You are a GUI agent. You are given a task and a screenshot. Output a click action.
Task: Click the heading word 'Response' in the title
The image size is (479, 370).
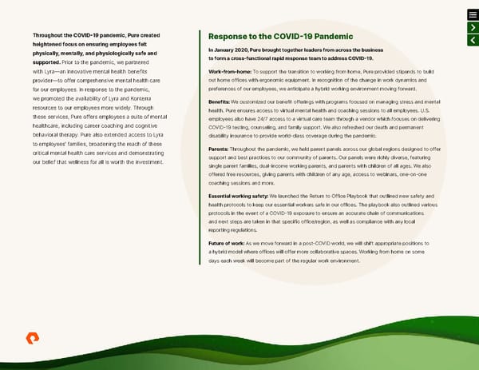[228, 36]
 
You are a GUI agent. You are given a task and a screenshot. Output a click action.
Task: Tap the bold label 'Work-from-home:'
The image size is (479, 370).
[227, 72]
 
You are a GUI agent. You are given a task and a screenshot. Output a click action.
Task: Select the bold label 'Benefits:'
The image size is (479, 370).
[218, 101]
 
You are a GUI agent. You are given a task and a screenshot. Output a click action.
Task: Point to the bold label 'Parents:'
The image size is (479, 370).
[218, 149]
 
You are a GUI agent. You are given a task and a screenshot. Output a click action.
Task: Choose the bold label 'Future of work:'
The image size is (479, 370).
[227, 242]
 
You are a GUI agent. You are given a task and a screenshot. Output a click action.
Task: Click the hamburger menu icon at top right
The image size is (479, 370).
[473, 14]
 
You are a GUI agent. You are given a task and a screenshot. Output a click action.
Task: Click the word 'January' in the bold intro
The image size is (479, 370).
[226, 50]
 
